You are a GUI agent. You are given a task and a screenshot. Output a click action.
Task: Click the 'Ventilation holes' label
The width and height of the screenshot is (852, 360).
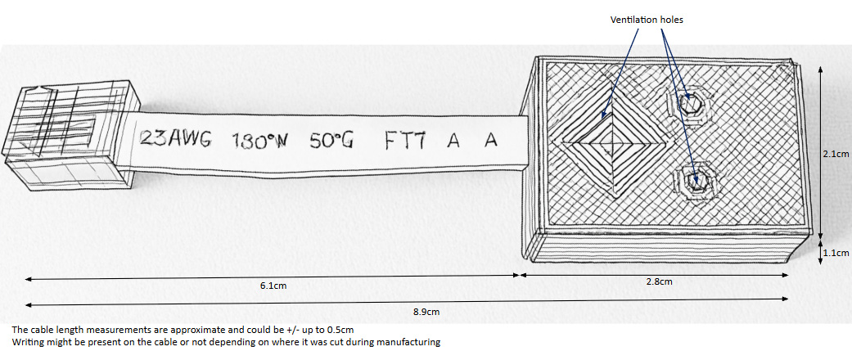[x=647, y=20]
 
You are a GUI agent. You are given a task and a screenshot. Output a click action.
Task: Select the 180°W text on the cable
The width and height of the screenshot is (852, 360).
[x=259, y=141]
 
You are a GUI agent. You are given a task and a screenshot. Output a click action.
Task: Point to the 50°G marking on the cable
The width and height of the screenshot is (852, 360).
[x=331, y=141]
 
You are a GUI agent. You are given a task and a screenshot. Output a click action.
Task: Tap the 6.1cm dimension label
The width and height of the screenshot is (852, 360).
[x=273, y=286]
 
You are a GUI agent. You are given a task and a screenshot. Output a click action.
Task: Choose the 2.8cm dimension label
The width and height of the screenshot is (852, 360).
[x=659, y=281]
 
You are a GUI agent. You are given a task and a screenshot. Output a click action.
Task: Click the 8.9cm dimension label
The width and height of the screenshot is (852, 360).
[x=426, y=312]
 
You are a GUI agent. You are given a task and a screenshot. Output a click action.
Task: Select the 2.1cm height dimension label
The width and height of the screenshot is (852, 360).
[x=836, y=154]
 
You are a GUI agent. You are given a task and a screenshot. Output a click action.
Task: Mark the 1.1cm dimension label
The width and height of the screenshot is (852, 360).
[x=836, y=253]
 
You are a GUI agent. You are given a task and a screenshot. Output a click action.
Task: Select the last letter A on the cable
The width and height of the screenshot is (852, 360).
[x=491, y=141]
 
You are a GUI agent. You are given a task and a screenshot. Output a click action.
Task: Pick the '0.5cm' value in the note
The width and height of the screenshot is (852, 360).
[x=345, y=330]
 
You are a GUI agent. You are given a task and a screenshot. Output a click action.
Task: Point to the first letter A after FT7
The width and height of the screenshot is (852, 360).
[x=453, y=142]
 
